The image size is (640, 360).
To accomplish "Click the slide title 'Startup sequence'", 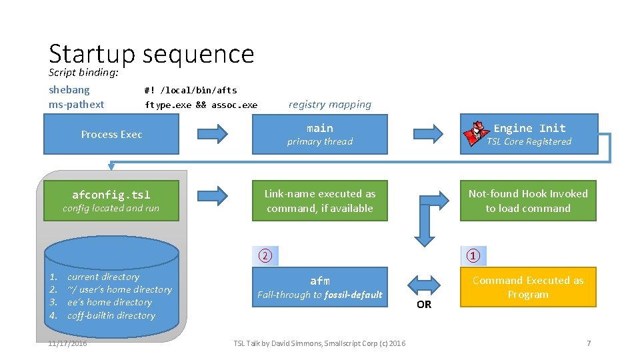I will click(151, 53).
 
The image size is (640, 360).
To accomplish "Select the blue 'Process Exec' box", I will click(111, 134).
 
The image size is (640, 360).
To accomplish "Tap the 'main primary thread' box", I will click(319, 134).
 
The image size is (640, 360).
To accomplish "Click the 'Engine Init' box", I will click(529, 134).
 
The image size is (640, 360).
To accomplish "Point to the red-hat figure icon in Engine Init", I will click(476, 133).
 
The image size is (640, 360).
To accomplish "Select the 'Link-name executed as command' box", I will click(319, 201).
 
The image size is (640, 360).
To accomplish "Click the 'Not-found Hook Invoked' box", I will click(528, 201).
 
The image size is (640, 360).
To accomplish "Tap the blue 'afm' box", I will click(319, 287).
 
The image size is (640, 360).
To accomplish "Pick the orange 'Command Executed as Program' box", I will click(528, 287).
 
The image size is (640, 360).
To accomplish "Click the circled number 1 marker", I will click(473, 256).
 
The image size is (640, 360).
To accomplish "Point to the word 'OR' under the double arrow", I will click(424, 305).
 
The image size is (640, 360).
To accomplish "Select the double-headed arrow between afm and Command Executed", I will click(423, 281).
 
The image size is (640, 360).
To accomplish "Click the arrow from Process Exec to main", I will click(213, 134).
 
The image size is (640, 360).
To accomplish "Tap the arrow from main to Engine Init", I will click(427, 134).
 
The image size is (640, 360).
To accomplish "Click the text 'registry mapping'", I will click(329, 105).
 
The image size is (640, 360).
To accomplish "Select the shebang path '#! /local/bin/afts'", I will click(191, 90).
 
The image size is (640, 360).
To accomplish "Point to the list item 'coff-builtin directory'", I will click(111, 315).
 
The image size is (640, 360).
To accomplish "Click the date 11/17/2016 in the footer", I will click(67, 343).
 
